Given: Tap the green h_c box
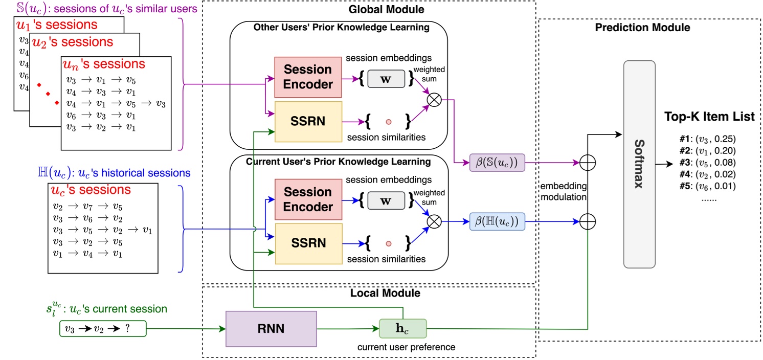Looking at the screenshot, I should pyautogui.click(x=402, y=329).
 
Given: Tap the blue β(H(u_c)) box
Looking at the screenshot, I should pyautogui.click(x=497, y=221).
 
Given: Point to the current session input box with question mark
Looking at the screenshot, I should pyautogui.click(x=102, y=328).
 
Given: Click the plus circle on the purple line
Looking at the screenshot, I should pyautogui.click(x=589, y=163).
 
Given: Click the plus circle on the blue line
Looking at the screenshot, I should pyautogui.click(x=589, y=221).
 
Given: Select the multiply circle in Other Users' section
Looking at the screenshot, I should pyautogui.click(x=434, y=100).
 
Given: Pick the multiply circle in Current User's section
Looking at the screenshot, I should pyautogui.click(x=434, y=221).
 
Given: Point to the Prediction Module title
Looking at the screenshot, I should pyautogui.click(x=642, y=28).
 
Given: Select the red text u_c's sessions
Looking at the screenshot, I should pyautogui.click(x=91, y=190).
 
